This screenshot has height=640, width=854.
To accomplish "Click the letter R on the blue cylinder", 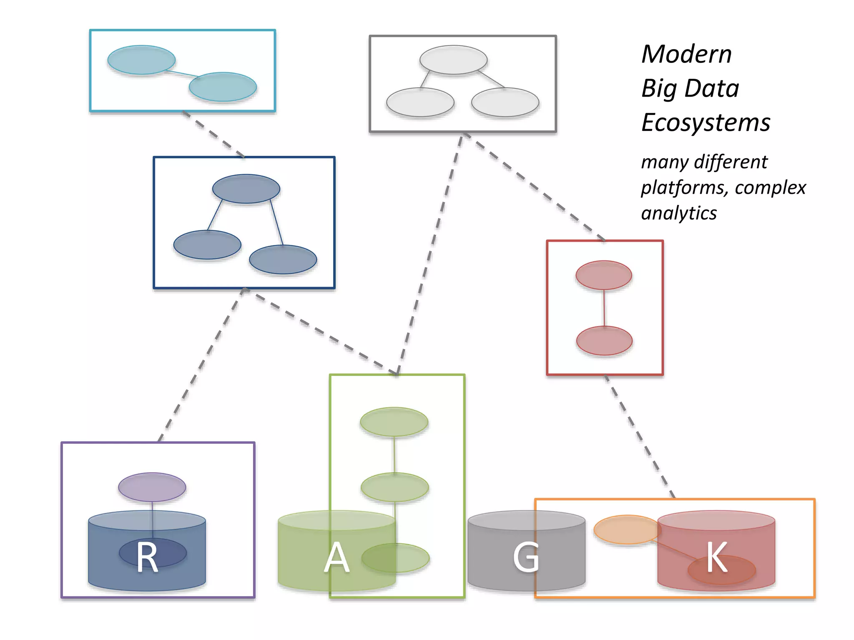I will [x=147, y=557].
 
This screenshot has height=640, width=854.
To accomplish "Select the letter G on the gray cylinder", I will [x=526, y=557].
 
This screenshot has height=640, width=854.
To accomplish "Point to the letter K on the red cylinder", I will [x=717, y=557].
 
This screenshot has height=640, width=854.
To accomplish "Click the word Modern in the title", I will [x=686, y=55].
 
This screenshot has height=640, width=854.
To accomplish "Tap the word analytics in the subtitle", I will [x=679, y=213].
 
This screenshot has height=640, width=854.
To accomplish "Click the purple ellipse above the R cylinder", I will [x=152, y=487].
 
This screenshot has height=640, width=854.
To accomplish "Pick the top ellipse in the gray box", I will [x=453, y=60].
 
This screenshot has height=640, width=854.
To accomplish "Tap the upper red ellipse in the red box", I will [x=603, y=275].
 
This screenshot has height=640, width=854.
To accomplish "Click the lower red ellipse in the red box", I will [x=604, y=341].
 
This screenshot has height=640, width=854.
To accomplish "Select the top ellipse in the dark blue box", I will [x=246, y=189].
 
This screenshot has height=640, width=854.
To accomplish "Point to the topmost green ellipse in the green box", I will [x=394, y=422].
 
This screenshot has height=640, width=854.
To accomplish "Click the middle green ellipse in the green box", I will [x=394, y=487].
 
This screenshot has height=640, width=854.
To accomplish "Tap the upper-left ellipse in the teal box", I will [x=141, y=60].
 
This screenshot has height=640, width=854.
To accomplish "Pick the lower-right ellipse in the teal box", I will [x=223, y=87].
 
